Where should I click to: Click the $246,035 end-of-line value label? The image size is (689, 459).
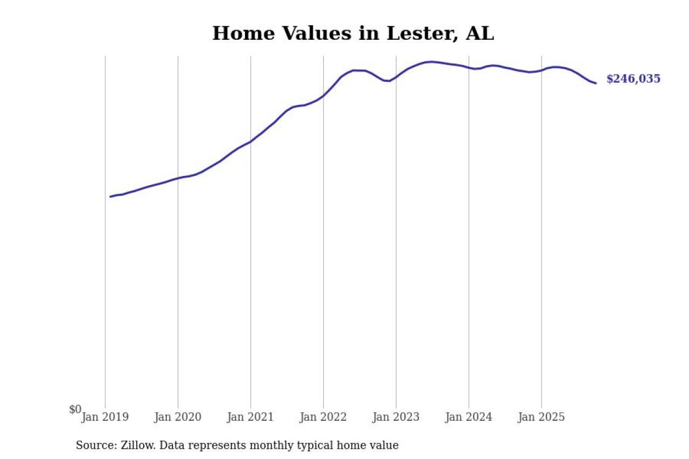pos(633,79)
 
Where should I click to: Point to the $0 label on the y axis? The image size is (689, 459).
pos(75,409)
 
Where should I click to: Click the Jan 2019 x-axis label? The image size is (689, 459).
pos(105,417)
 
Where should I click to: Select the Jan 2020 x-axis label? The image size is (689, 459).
pos(178,417)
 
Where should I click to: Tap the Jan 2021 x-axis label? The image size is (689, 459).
pos(250,417)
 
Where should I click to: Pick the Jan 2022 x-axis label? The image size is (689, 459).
pos(323,417)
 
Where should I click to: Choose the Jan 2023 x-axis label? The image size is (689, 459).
pos(396,417)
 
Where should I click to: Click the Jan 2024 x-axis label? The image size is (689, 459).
pos(469,417)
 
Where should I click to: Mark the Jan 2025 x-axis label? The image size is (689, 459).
pos(542,417)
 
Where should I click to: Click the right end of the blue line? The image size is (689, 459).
pos(595,83)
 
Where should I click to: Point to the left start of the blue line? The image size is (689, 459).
pos(110,196)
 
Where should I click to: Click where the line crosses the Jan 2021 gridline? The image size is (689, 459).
pos(250,142)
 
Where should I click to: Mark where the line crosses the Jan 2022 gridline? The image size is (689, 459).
pos(324,96)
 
